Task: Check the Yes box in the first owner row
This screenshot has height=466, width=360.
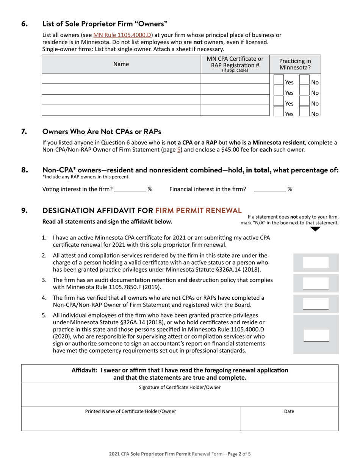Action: point(278,80)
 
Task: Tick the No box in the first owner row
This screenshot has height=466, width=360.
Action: point(304,80)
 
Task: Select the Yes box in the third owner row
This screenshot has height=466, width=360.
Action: point(278,102)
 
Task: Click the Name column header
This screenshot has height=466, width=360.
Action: point(121,64)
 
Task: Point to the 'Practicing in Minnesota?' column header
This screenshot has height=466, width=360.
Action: point(295,64)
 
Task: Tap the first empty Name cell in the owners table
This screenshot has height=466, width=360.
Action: point(121,79)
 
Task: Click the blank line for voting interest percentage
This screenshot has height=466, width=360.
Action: point(130,189)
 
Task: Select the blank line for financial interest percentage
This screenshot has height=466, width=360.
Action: point(270,189)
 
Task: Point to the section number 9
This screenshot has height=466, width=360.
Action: point(25,211)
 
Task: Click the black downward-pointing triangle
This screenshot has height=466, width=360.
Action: point(315,229)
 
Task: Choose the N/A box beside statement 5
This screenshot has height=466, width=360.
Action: point(316,335)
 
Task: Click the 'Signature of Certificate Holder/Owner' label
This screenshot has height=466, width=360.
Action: point(180,387)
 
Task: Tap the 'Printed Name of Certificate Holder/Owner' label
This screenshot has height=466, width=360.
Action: point(130,411)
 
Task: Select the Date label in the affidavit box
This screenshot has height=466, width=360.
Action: point(289,411)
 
